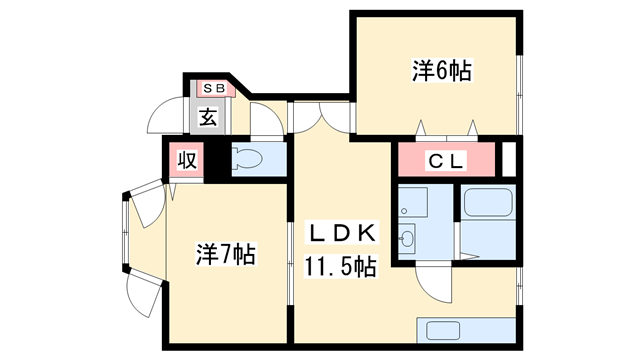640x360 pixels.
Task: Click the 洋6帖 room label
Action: click(441, 71)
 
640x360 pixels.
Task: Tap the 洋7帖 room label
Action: click(225, 255)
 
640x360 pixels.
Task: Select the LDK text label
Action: click(340, 234)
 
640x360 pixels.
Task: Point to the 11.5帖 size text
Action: click(340, 268)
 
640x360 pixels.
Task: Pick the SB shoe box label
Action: click(213, 88)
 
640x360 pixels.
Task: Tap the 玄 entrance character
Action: click(208, 117)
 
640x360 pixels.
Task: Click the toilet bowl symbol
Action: click(248, 159)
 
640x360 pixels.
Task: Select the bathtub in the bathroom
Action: click(488, 207)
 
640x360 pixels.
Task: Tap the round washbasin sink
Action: click(408, 238)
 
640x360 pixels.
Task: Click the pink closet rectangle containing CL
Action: click(446, 160)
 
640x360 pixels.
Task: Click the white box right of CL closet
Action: click(509, 160)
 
